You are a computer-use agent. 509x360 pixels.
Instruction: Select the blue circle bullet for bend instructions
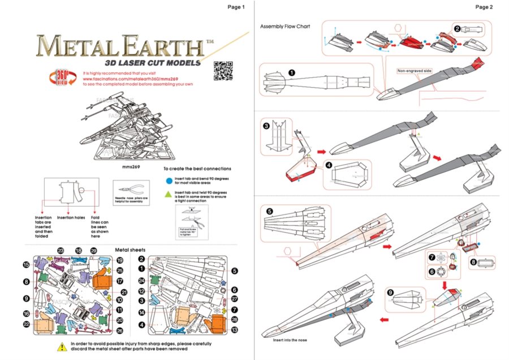[169, 180]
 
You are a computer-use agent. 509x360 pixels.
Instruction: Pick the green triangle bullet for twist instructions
[169, 194]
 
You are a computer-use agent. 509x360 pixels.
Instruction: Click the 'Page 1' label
[236, 7]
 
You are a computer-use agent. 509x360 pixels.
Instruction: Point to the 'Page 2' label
[484, 7]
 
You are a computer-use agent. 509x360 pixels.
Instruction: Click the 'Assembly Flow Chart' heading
[286, 27]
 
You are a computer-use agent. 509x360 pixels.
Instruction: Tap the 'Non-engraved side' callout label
[415, 71]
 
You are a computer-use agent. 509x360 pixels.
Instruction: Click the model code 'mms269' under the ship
[131, 168]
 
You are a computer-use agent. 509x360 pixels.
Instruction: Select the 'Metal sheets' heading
[130, 249]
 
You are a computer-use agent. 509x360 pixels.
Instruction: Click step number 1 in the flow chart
[291, 72]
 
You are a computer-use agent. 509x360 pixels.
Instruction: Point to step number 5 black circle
[269, 211]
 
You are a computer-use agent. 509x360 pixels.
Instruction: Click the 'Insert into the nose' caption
[291, 340]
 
